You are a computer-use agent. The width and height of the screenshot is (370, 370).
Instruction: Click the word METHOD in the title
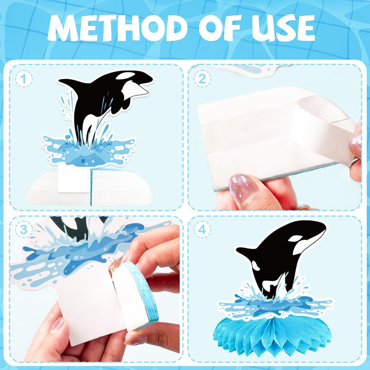(116, 28)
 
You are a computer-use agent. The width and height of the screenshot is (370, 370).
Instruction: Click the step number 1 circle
(24, 79)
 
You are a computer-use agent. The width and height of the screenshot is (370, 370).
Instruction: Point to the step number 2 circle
(202, 79)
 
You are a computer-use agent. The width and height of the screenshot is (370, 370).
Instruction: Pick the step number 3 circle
(24, 229)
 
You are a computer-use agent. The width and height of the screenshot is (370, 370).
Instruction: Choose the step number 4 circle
(202, 229)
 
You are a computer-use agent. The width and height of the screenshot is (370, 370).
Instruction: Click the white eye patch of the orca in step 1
(125, 75)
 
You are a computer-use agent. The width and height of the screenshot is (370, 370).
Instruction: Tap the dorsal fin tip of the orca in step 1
(60, 80)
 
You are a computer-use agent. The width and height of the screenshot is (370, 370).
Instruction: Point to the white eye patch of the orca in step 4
(295, 239)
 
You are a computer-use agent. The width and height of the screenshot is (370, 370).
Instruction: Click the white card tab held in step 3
(90, 304)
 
